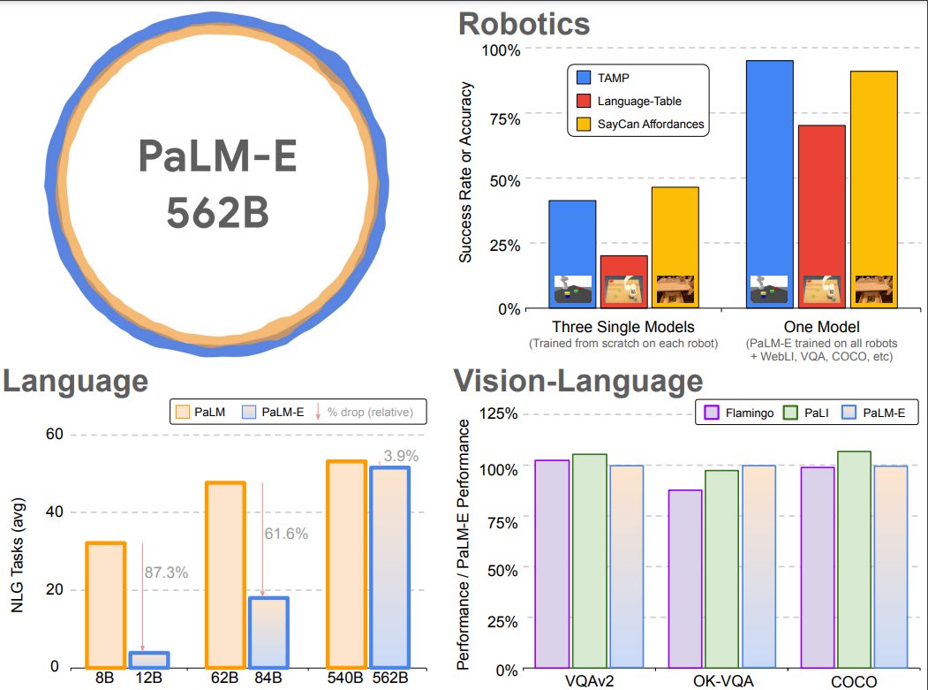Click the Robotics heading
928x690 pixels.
click(524, 22)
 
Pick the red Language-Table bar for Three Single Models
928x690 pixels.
click(623, 282)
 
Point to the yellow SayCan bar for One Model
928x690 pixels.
click(873, 189)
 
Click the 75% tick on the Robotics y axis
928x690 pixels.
click(499, 115)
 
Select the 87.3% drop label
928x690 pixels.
click(165, 572)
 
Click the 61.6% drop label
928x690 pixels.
click(286, 534)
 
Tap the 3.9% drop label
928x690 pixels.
click(399, 457)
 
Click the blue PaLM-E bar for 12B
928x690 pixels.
click(148, 659)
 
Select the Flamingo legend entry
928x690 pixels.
click(741, 412)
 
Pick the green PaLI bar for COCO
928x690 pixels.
click(854, 560)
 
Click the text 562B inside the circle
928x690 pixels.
click(216, 212)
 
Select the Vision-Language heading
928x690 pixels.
click(578, 381)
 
